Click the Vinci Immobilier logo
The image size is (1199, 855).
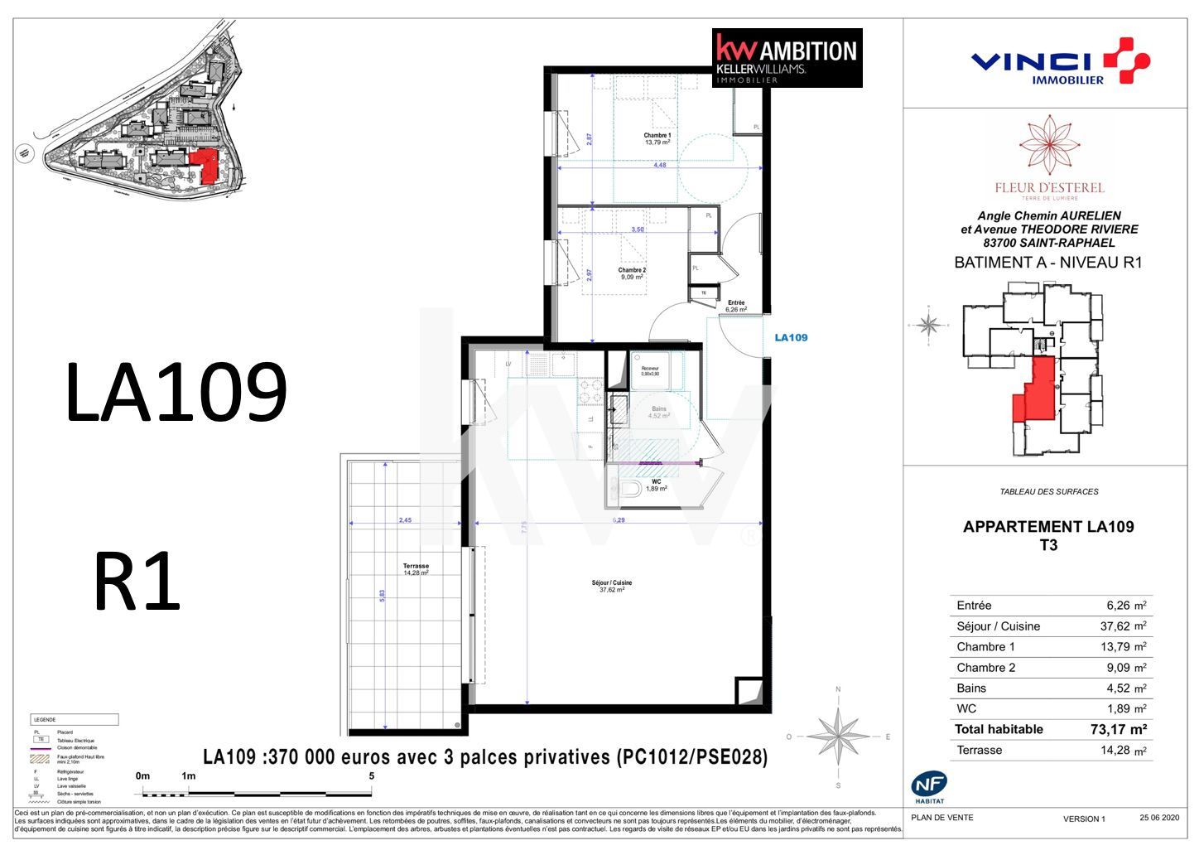click(1059, 61)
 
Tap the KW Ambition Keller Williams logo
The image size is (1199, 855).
click(787, 58)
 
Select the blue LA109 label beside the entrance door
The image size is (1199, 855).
click(790, 337)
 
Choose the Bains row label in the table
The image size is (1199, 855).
click(971, 688)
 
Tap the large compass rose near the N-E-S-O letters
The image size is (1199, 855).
click(838, 736)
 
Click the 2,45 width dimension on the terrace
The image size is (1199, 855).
click(405, 520)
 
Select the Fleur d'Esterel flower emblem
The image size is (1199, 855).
click(1049, 146)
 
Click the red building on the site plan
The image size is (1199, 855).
click(205, 166)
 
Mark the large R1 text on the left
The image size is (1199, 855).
click(137, 582)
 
